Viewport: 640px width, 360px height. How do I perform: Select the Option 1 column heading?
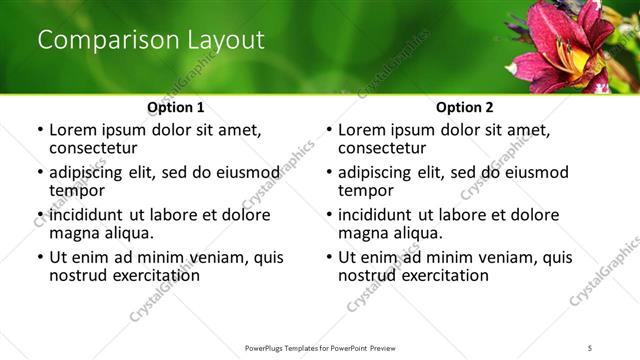[x=175, y=107]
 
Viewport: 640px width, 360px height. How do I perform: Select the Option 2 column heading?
[x=464, y=107]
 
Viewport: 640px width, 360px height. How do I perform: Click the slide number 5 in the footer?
[x=590, y=347]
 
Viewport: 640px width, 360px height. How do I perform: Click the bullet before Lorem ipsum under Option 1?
[x=39, y=130]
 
